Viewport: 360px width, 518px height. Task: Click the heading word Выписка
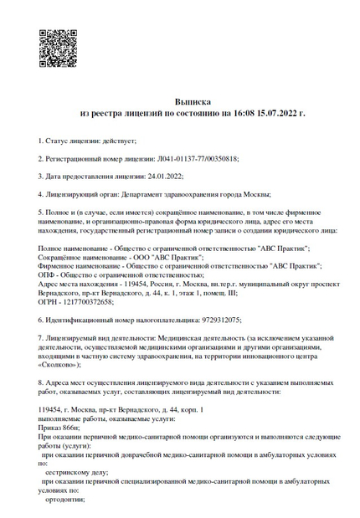pos(193,100)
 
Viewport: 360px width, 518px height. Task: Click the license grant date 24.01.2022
pos(163,176)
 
